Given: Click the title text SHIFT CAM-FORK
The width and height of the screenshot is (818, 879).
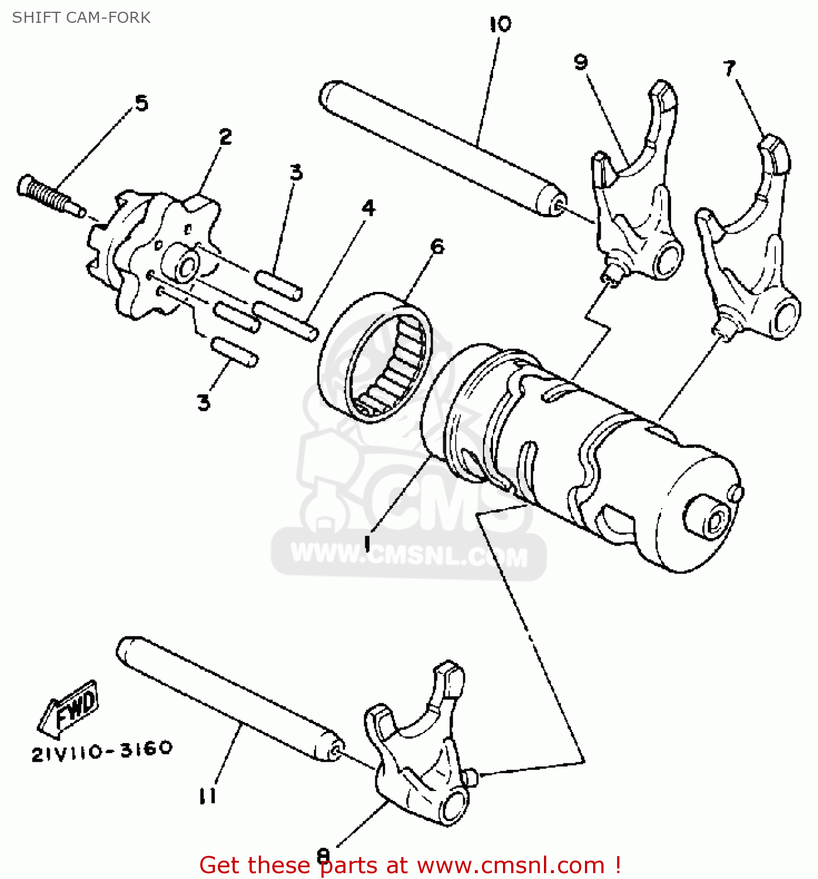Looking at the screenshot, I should pos(81,18).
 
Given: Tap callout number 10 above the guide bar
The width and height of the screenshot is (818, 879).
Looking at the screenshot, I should pos(500,25).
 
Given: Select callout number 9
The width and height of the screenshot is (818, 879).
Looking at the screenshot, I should pos(580,62).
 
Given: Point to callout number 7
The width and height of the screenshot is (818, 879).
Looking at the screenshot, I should pos(729,68).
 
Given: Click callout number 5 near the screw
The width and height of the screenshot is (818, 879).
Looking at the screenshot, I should pos(142,103).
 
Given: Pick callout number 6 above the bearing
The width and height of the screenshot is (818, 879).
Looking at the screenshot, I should pos(437,246).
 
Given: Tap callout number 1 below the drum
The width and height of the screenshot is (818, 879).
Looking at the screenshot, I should pos(367,543).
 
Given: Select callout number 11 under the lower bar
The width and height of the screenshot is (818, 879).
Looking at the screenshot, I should pos(207,796).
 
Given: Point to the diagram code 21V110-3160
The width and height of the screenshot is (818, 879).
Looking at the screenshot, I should pos(102,751).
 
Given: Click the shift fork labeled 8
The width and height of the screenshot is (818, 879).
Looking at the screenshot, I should pos(422,756).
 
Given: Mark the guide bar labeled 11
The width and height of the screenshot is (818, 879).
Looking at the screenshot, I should pos(228,697).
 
